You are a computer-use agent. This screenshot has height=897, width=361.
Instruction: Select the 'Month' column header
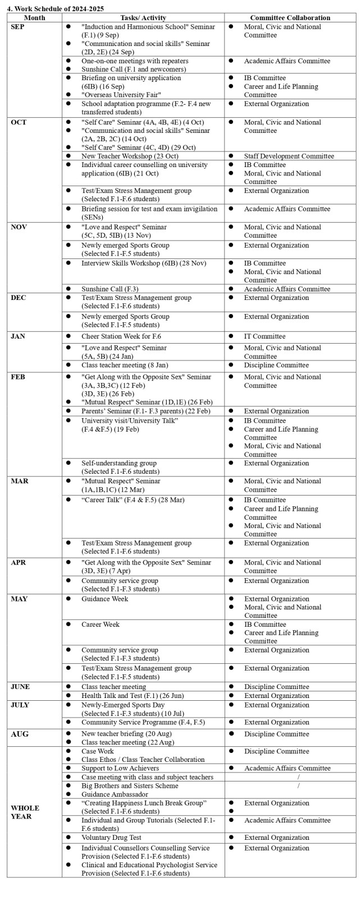pos(34,18)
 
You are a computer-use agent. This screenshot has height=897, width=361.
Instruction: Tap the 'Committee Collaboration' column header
pos(290,18)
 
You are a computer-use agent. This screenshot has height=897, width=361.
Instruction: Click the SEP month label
pos(17,27)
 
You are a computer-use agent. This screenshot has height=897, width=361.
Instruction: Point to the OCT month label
pos(19,122)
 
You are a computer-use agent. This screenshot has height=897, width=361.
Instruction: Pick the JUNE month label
pos(20,687)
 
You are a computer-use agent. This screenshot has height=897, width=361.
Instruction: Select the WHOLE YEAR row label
pos(25,812)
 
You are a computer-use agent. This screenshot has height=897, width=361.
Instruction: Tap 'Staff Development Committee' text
pos(289,156)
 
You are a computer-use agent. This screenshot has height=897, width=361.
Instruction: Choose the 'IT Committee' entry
pos(264,336)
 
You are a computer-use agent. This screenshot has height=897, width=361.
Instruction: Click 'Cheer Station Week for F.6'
pos(120,336)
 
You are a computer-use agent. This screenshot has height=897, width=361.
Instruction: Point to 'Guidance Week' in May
pos(104,599)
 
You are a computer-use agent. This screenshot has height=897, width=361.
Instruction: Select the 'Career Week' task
pos(100,624)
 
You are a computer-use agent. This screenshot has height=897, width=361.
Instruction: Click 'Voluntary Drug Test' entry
pos(111,838)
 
